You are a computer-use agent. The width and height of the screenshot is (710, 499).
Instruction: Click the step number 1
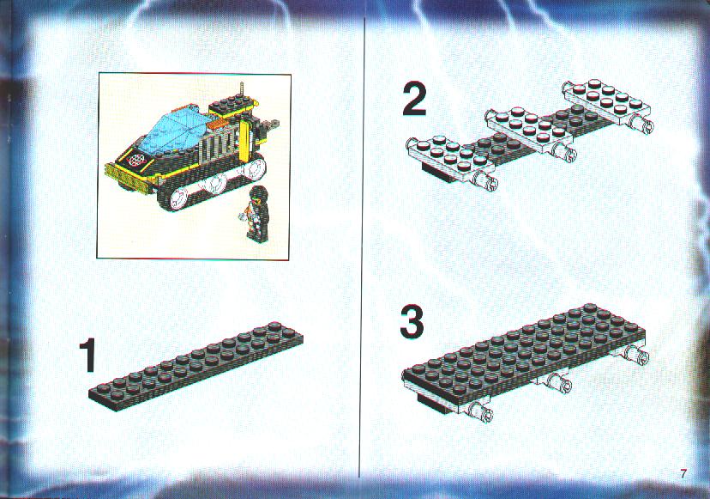pyautogui.click(x=87, y=356)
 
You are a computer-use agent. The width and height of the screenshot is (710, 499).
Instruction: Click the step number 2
pyautogui.click(x=414, y=100)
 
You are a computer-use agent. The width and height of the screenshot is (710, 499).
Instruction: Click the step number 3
pyautogui.click(x=412, y=322)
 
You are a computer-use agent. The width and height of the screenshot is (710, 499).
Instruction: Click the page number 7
pyautogui.click(x=683, y=473)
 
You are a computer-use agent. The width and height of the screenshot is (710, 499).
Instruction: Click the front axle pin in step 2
pyautogui.click(x=484, y=180)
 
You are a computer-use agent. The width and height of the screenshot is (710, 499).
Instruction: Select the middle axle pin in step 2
pyautogui.click(x=564, y=151)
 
